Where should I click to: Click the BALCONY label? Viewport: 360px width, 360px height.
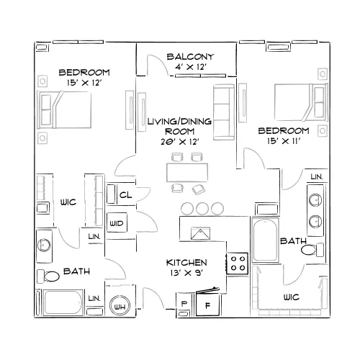[190, 57]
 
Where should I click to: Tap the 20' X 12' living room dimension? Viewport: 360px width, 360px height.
[180, 142]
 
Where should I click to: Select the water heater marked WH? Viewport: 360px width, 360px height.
[120, 306]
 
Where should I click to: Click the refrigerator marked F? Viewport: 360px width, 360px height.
[208, 304]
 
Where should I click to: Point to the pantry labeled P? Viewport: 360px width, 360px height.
[184, 303]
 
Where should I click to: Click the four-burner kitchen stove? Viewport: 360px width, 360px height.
[238, 264]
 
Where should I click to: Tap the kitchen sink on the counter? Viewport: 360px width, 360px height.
[200, 233]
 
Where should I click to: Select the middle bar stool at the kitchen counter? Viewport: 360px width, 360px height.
[202, 208]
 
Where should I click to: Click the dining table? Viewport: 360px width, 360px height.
[187, 173]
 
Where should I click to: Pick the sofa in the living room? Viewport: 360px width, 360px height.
[224, 112]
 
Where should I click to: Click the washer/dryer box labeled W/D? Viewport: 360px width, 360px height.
[117, 222]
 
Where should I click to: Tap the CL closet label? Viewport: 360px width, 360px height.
[125, 195]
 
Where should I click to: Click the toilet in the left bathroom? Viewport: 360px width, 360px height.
[48, 276]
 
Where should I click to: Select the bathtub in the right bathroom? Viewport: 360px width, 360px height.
[265, 240]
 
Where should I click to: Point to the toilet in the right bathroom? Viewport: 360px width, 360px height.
[312, 250]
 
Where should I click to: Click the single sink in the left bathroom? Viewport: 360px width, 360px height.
[44, 246]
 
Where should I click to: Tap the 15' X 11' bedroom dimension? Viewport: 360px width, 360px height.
[284, 141]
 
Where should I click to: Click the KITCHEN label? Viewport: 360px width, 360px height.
[186, 263]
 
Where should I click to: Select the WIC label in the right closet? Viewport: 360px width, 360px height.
[292, 297]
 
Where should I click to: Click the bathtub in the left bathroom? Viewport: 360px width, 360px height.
[63, 302]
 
